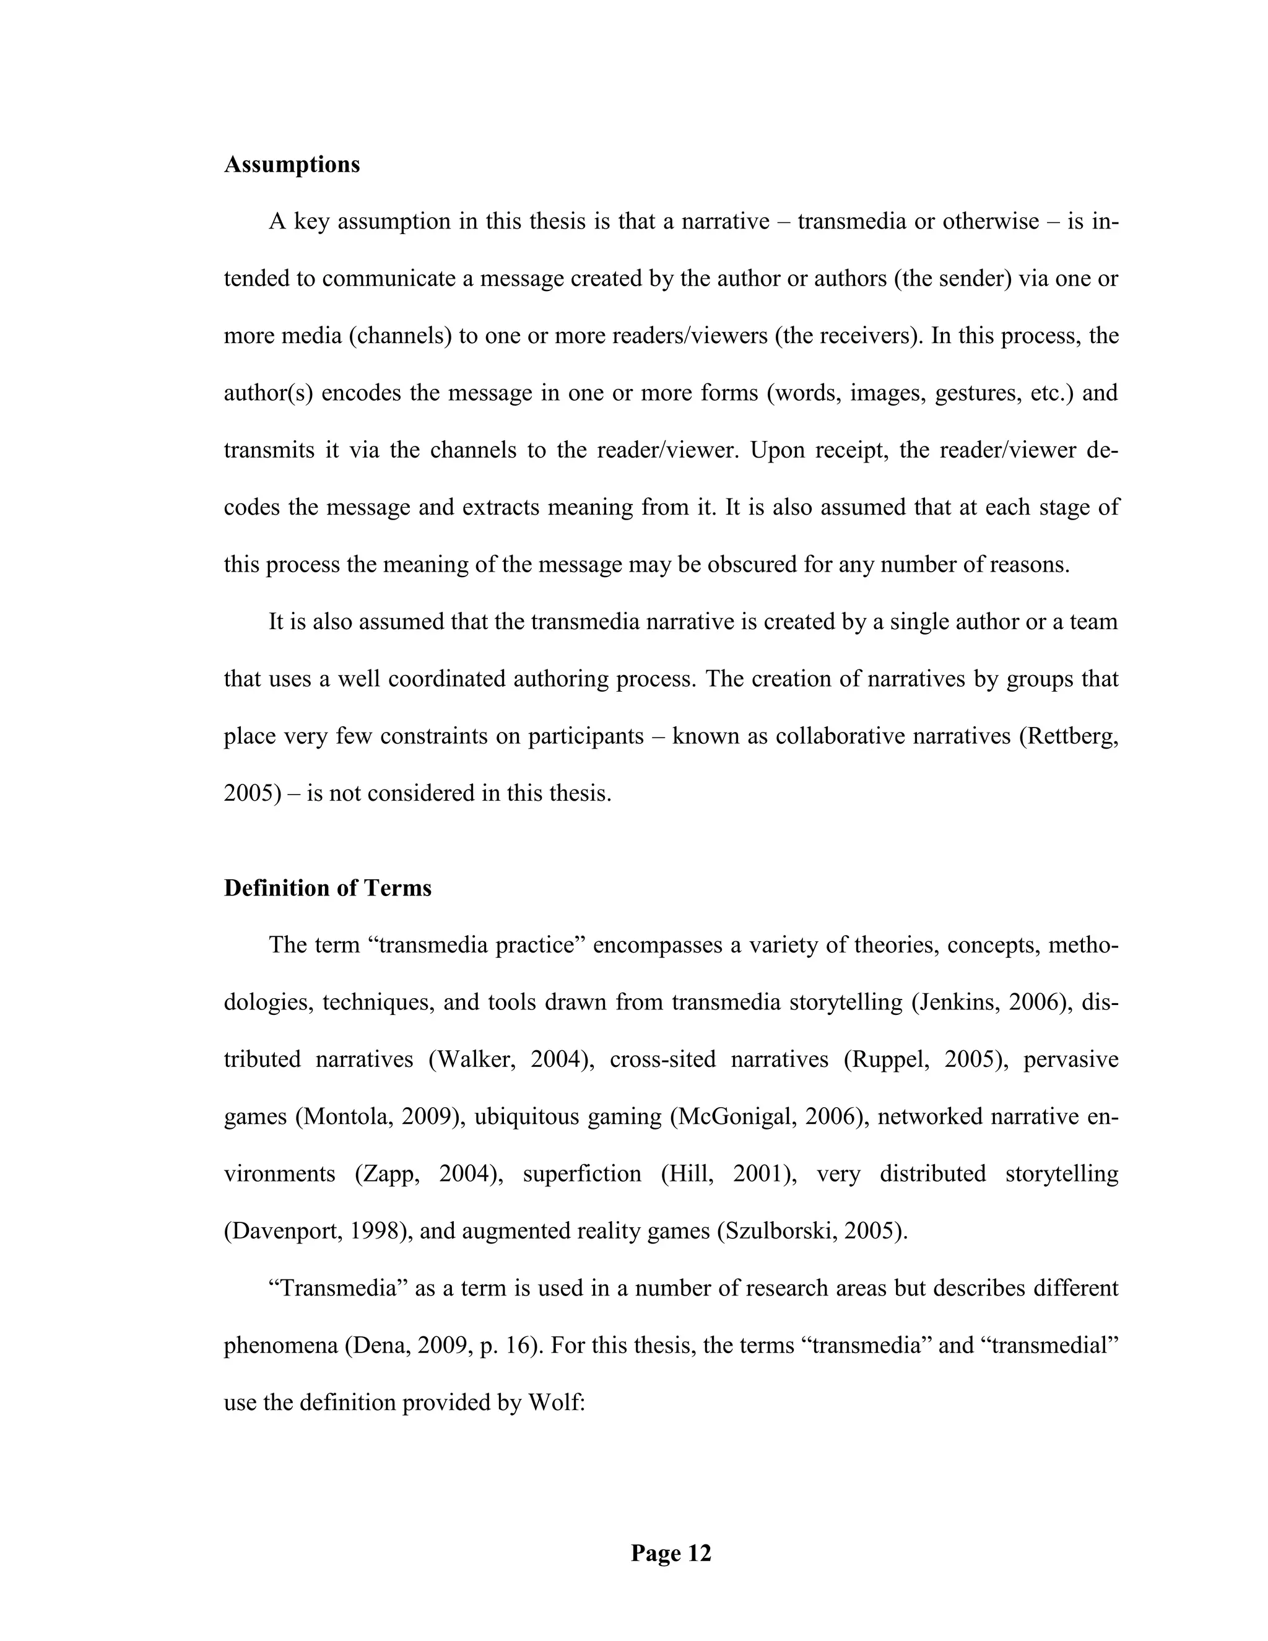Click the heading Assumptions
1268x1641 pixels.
click(292, 165)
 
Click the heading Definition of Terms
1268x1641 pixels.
click(328, 888)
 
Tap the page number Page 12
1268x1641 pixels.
click(670, 1553)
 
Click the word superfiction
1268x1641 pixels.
click(581, 1173)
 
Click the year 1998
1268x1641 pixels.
click(363, 1232)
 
